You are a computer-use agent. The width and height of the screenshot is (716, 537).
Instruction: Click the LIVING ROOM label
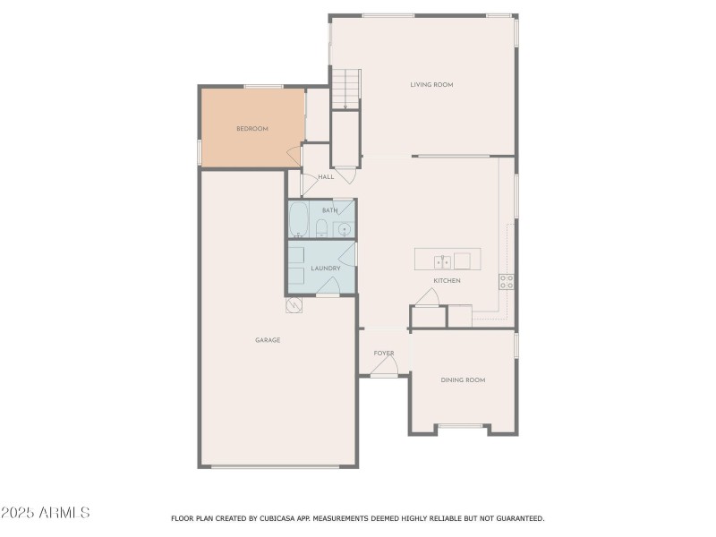click(x=431, y=85)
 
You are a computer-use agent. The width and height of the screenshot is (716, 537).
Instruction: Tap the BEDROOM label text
click(x=251, y=129)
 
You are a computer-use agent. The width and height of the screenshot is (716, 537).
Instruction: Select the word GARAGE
click(x=268, y=340)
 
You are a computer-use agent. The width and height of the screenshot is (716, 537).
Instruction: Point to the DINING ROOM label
click(x=463, y=380)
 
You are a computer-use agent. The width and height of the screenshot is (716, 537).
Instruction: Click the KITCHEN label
click(x=447, y=281)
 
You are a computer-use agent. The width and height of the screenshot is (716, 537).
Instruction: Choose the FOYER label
click(x=384, y=354)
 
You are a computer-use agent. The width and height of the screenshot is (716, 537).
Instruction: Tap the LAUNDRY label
click(x=325, y=268)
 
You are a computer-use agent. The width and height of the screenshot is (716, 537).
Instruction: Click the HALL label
click(x=326, y=177)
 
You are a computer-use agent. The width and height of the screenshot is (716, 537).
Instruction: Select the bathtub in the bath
click(x=299, y=220)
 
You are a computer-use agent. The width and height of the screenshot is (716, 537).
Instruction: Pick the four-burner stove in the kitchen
click(x=507, y=281)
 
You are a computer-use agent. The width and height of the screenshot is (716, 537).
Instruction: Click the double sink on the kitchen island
click(x=442, y=261)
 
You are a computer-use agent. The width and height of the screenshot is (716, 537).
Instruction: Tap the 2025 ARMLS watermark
click(x=45, y=514)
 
